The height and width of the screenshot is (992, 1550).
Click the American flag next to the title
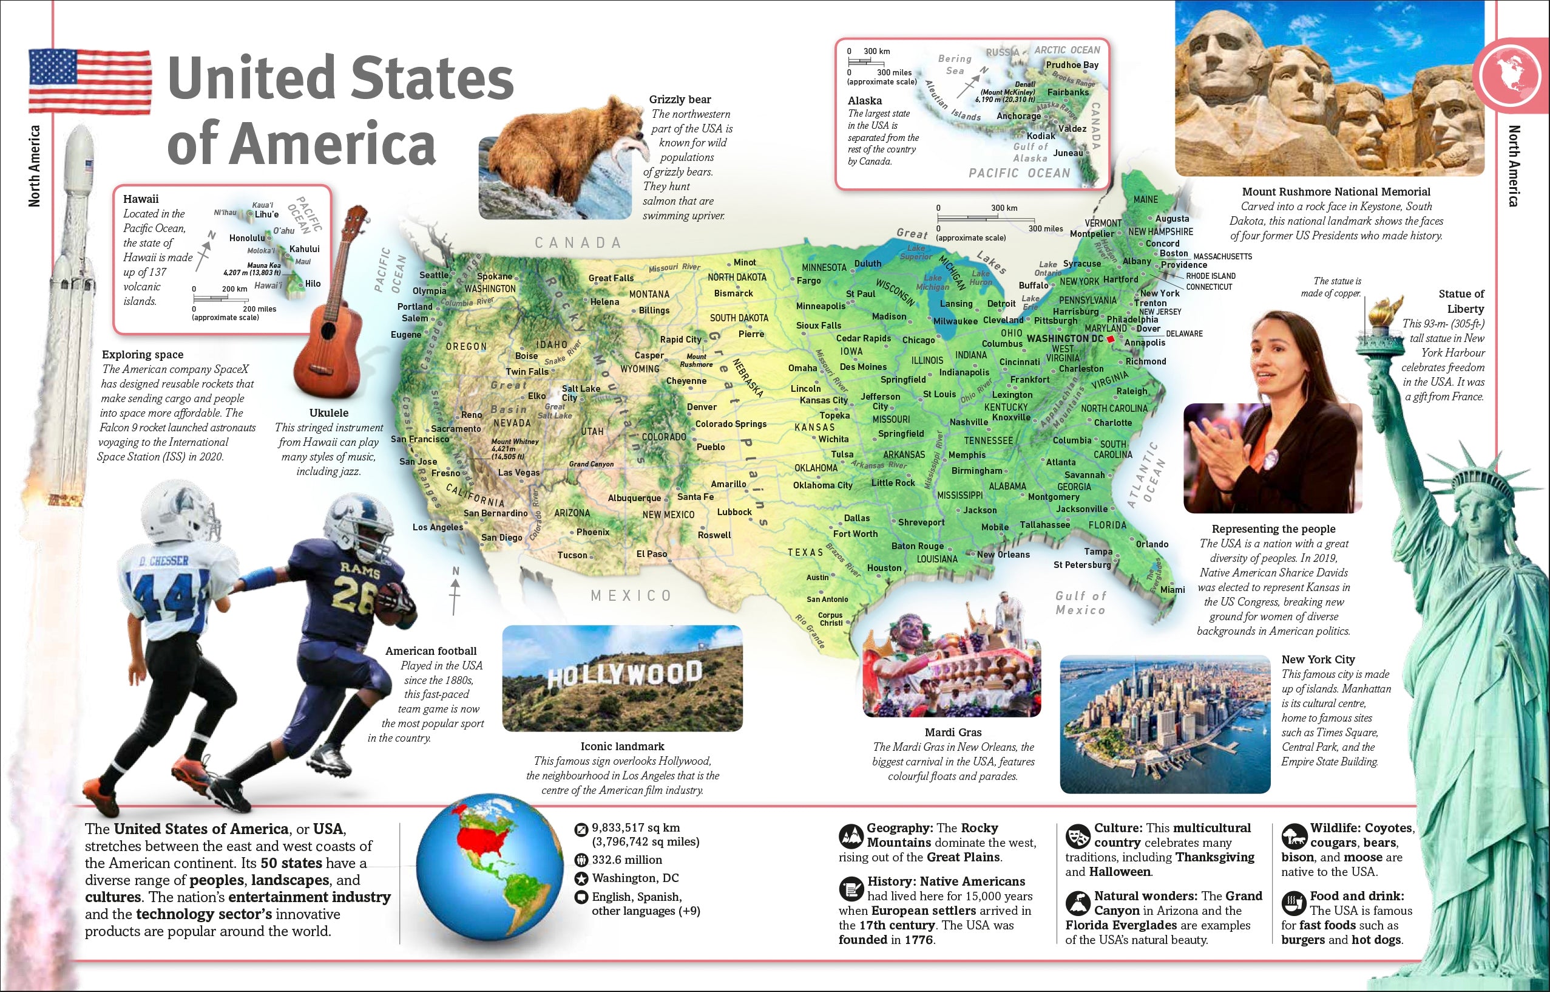[x=90, y=82]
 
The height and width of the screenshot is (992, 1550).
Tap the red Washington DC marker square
[x=1111, y=339]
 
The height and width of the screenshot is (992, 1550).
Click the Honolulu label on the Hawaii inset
[x=246, y=238]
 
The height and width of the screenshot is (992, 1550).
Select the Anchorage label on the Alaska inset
[x=1018, y=117]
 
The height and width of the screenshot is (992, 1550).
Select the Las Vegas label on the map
[x=519, y=472]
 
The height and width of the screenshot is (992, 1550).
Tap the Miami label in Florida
[x=1172, y=589]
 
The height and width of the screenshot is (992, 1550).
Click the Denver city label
[x=702, y=407]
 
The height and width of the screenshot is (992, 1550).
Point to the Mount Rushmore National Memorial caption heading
[x=1336, y=192]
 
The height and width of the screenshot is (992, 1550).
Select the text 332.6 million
[x=626, y=860]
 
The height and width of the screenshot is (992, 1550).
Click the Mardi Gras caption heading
[x=953, y=733]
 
